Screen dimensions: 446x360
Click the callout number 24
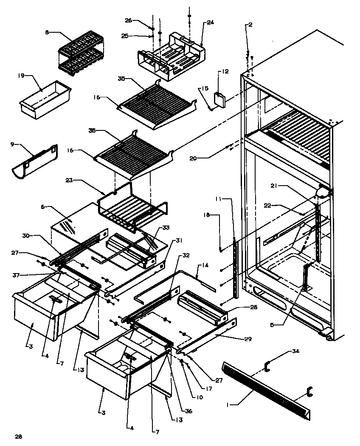point(211,22)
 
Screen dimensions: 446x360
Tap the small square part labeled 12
point(220,99)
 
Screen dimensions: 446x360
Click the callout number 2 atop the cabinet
point(250,25)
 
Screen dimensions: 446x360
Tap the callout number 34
point(295,351)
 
